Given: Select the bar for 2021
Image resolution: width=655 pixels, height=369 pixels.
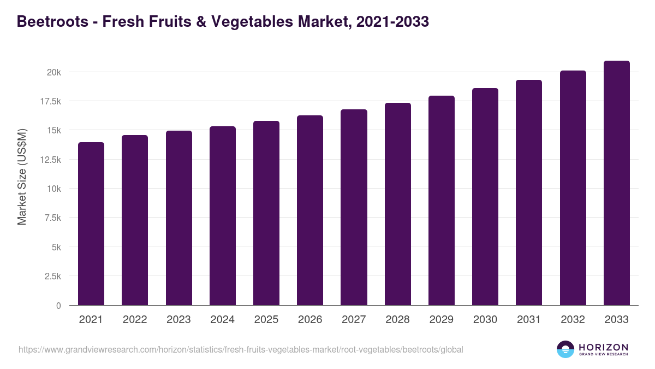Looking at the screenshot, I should [91, 224].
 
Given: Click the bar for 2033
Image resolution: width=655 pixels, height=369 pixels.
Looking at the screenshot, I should [616, 183].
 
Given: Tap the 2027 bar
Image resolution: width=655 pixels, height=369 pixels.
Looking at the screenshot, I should [354, 208].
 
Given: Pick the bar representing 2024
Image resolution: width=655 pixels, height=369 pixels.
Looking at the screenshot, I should [223, 216].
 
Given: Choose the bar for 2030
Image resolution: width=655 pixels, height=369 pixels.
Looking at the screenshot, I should [485, 197].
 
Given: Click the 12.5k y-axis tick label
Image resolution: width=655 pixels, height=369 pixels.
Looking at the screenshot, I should [49, 160].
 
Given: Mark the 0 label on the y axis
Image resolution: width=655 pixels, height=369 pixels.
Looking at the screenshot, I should [58, 306].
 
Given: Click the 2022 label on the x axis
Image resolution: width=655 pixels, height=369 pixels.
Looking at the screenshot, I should [135, 320].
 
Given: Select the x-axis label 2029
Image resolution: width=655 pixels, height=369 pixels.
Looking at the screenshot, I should [442, 320].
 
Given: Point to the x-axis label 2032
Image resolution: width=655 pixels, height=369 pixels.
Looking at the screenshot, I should [573, 320].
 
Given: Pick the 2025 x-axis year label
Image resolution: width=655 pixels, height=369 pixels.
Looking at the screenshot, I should [266, 320].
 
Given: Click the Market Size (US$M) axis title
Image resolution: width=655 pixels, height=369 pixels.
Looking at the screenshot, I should [22, 177].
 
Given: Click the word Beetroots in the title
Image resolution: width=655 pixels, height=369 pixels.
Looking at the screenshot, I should [53, 22].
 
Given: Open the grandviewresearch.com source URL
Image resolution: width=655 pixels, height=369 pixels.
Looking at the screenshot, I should [241, 349].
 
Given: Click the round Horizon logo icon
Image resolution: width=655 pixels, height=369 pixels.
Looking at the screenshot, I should [565, 349].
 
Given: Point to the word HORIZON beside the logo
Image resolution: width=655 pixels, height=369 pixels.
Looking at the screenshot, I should [603, 347].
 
